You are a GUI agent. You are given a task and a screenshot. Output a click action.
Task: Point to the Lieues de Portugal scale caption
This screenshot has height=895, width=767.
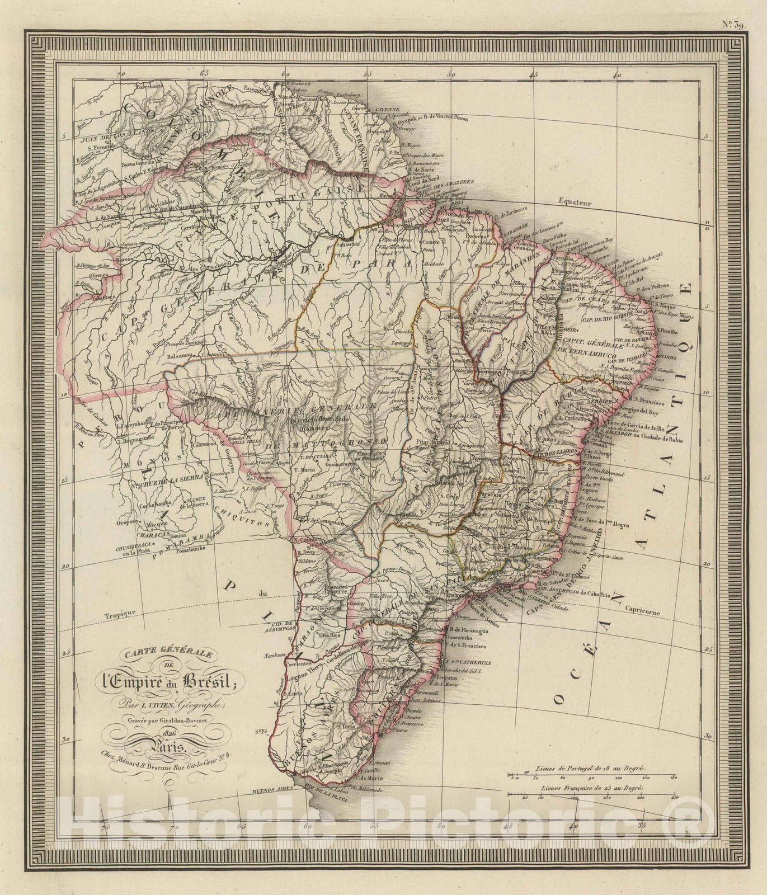591,770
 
